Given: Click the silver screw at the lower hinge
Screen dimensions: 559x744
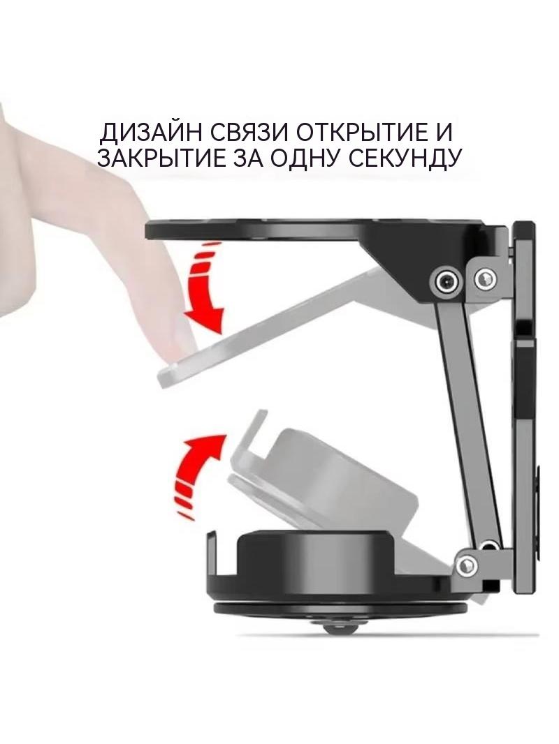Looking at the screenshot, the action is (467, 565).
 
